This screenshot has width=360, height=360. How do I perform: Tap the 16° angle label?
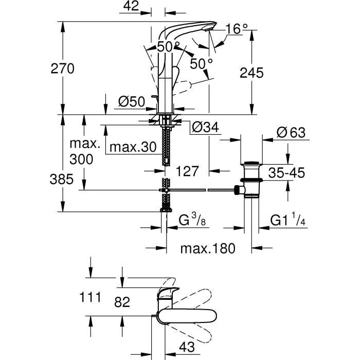point(237,29)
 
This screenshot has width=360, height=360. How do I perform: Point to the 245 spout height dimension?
point(251,73)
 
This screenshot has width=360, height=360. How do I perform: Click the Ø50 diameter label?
point(131,101)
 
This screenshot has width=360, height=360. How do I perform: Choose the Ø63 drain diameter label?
point(291,132)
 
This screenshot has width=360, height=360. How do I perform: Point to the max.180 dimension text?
point(208,249)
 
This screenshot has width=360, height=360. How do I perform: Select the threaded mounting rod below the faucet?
point(166,144)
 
